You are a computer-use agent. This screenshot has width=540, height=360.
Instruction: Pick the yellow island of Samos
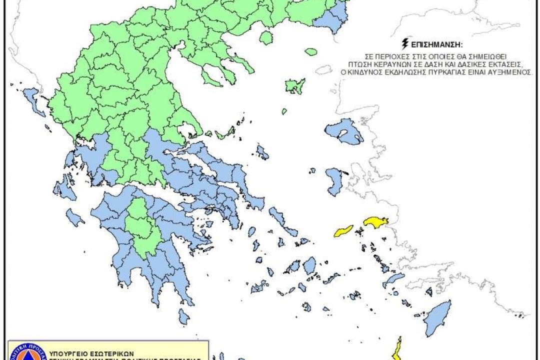pyautogui.click(x=376, y=222)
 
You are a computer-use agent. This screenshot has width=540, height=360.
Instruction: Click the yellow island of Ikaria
pyautogui.click(x=344, y=230)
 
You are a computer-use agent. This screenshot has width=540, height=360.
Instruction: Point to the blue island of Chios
pyautogui.click(x=335, y=181)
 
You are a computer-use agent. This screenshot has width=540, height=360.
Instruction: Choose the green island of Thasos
pyautogui.click(x=266, y=37)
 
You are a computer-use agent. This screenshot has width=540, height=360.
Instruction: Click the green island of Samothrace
pyautogui.click(x=311, y=51)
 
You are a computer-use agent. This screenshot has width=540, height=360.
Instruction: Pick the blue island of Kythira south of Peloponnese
pyautogui.click(x=184, y=316)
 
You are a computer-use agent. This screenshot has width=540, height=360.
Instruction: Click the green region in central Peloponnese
pyautogui.click(x=142, y=230)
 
